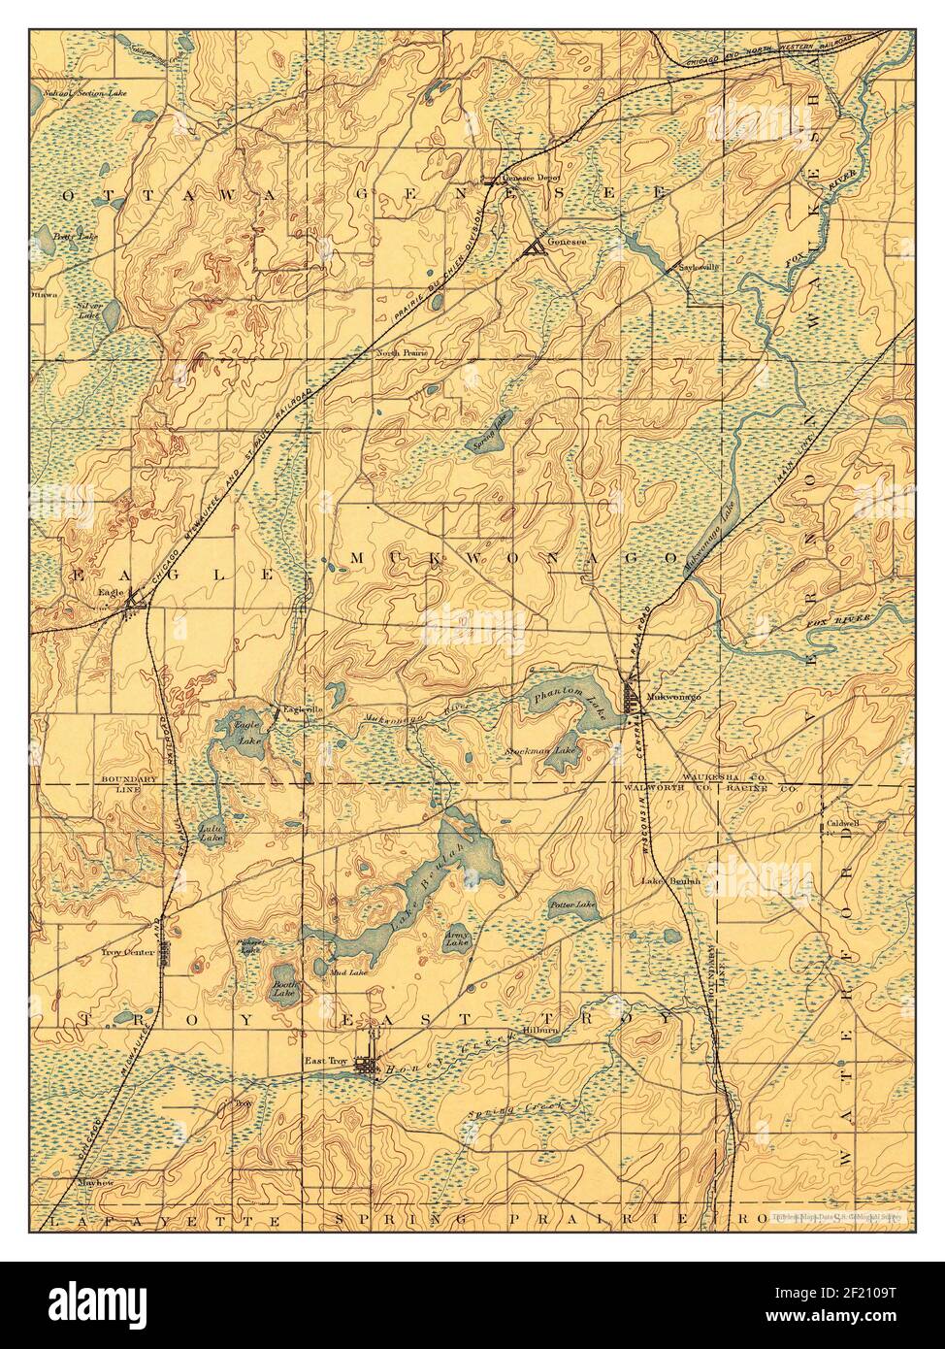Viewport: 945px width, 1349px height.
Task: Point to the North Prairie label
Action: click(403, 353)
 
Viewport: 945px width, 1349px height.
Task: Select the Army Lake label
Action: click(457, 938)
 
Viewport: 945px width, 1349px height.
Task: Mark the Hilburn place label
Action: click(544, 1033)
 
